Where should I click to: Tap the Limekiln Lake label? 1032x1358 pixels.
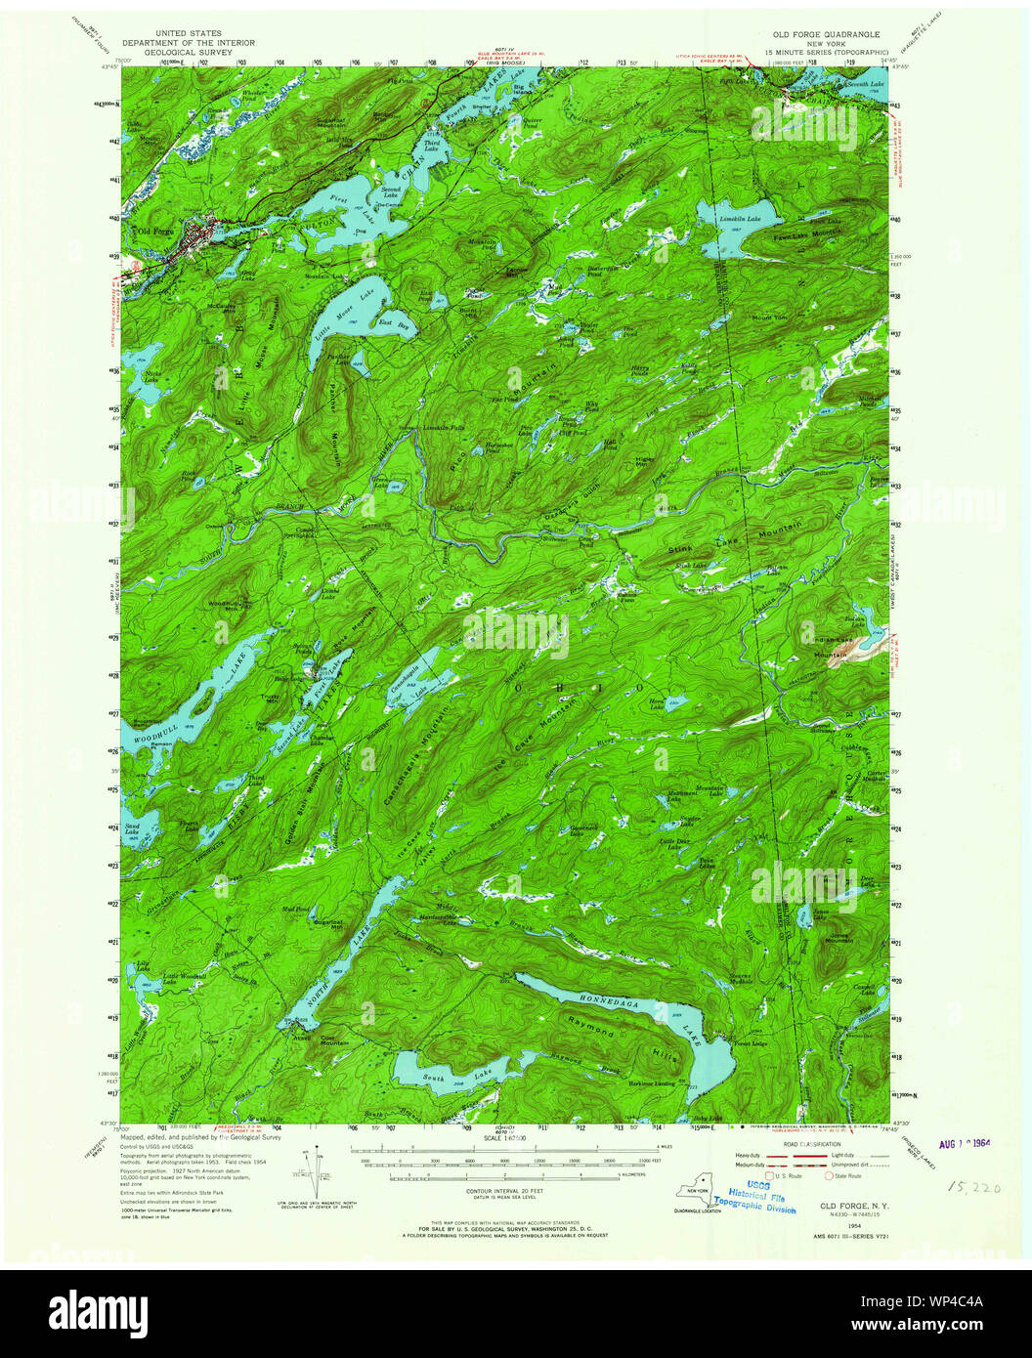pos(739,220)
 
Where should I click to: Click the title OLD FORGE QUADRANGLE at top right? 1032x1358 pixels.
pos(818,33)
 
